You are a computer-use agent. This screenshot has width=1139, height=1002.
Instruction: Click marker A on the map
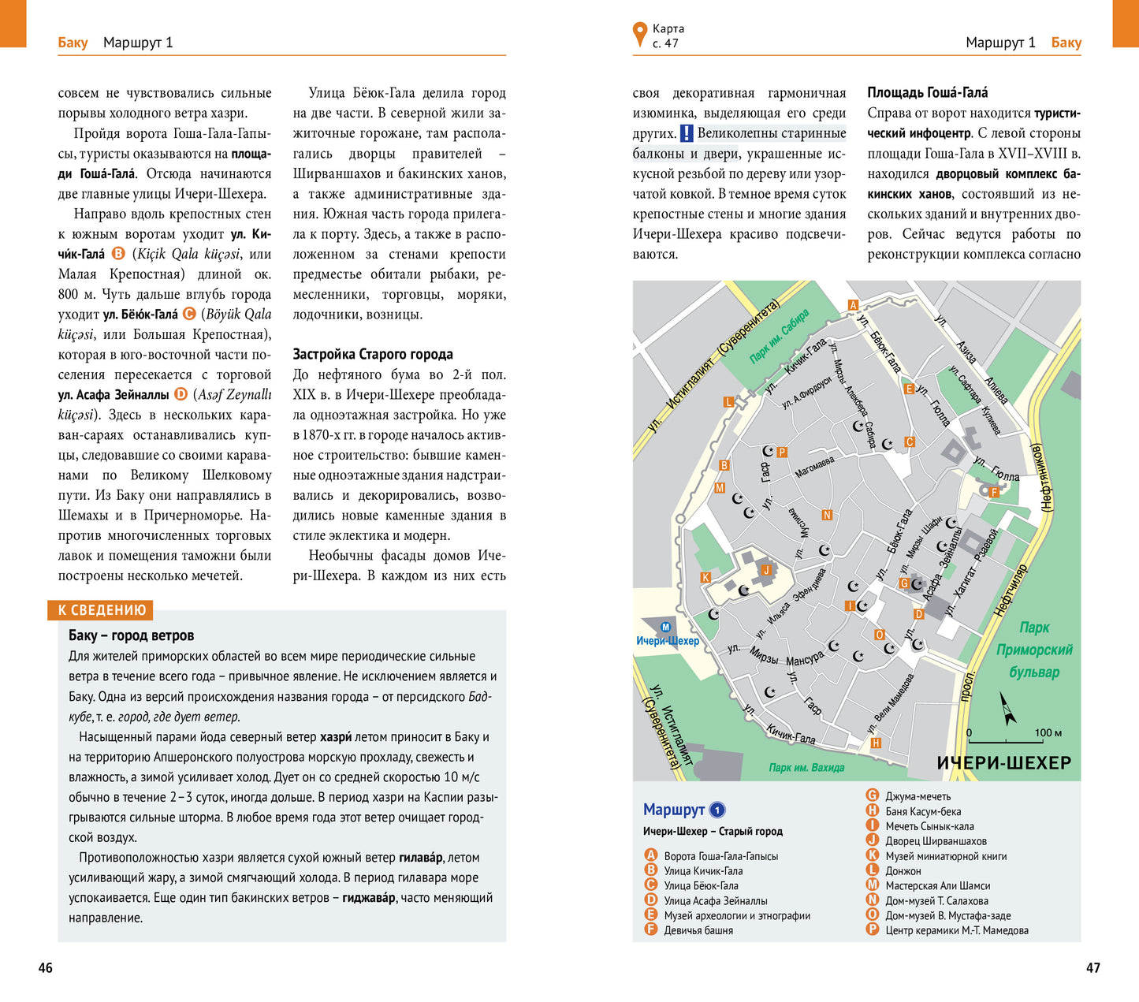pyautogui.click(x=852, y=305)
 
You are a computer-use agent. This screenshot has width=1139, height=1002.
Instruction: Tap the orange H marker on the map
pyautogui.click(x=875, y=743)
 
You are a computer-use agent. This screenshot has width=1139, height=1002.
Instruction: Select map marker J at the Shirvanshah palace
pyautogui.click(x=765, y=570)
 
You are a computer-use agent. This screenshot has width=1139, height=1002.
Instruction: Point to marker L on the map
pyautogui.click(x=728, y=402)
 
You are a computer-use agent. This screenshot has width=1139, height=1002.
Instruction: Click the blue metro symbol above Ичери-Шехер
pyautogui.click(x=665, y=628)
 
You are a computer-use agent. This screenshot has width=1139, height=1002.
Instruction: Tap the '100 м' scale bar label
pyautogui.click(x=1048, y=733)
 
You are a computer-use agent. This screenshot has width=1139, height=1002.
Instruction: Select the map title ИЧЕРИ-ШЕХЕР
pyautogui.click(x=1003, y=762)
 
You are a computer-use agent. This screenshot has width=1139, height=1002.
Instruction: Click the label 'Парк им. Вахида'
pyautogui.click(x=806, y=767)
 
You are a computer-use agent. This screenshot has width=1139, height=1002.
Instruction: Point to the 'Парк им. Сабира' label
pyautogui.click(x=779, y=337)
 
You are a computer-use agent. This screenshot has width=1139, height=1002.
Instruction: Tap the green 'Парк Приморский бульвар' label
pyautogui.click(x=1034, y=650)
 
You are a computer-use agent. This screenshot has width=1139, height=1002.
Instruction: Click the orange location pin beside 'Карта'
pyautogui.click(x=639, y=35)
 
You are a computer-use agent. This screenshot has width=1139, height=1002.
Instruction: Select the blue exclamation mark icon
pyautogui.click(x=687, y=133)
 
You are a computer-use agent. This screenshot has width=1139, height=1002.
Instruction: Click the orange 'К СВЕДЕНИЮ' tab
pyautogui.click(x=102, y=610)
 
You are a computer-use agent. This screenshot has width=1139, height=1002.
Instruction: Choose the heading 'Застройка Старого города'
pyautogui.click(x=373, y=354)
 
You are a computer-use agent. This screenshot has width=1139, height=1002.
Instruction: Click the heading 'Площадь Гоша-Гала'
pyautogui.click(x=927, y=92)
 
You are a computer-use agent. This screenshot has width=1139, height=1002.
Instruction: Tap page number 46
pyautogui.click(x=46, y=967)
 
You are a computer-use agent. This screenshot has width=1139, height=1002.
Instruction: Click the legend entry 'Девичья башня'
pyautogui.click(x=698, y=930)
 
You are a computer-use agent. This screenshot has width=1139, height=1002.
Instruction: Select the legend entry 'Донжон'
pyautogui.click(x=903, y=871)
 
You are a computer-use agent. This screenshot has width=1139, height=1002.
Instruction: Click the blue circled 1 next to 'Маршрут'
pyautogui.click(x=717, y=810)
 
